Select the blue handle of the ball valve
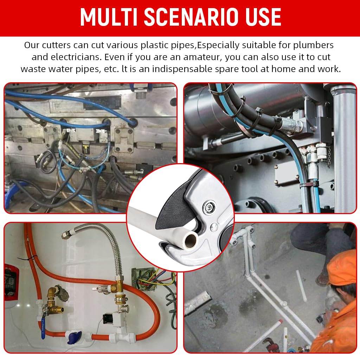coord(43,327)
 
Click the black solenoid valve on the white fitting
coord(109,318)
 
